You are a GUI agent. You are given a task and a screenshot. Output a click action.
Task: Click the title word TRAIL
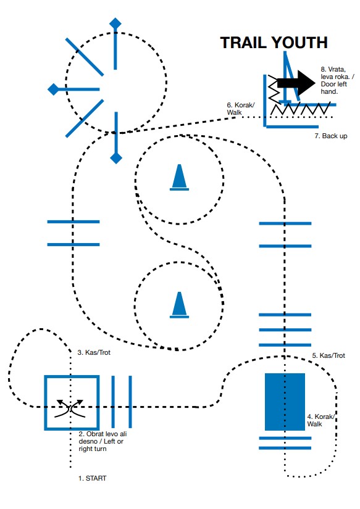(244, 43)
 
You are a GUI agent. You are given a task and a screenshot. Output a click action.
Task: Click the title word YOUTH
(299, 43)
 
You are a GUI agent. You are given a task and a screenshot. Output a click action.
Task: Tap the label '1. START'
(92, 478)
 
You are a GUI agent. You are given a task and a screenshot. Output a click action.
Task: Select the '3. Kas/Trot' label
(94, 352)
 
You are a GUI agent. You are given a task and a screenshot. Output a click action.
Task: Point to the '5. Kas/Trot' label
(329, 355)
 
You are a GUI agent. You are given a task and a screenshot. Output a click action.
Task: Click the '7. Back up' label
(331, 136)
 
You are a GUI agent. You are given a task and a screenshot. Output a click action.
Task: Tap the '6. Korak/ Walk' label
(241, 109)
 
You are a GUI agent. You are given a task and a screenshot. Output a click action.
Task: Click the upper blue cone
(179, 177)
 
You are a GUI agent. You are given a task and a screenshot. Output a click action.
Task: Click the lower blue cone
(179, 305)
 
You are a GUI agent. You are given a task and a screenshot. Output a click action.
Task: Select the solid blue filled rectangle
(285, 402)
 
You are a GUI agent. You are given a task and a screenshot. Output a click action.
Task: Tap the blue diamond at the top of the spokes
(115, 23)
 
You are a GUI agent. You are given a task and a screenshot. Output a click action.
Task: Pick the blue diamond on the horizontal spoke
(53, 89)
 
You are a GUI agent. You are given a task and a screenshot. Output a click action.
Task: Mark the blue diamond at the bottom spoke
(116, 159)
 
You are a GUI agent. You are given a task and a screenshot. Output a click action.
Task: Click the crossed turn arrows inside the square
(70, 408)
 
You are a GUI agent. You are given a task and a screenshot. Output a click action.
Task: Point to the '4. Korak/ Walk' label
(320, 420)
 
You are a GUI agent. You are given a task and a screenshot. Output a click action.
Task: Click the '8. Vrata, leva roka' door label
(337, 80)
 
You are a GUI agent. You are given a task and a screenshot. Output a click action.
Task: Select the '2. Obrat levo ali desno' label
(103, 441)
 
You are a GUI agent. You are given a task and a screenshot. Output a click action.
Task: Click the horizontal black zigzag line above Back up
(301, 108)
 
